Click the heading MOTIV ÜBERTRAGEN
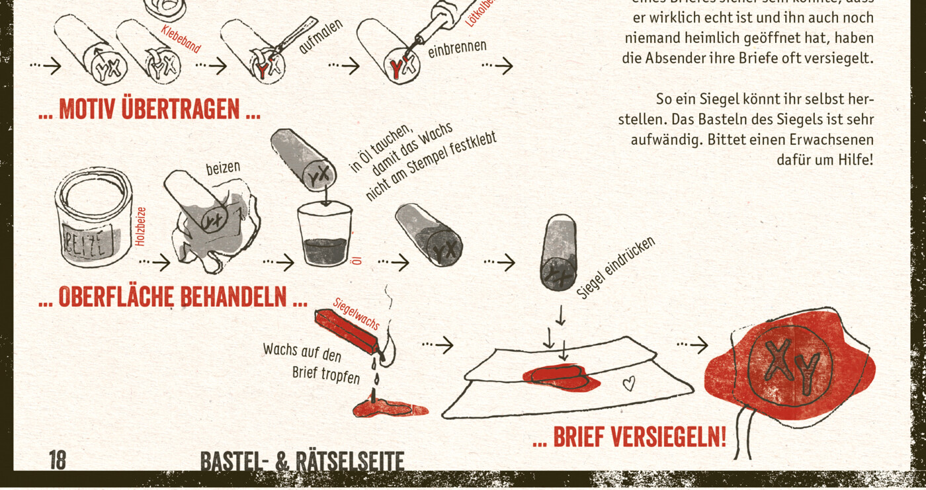click(x=149, y=109)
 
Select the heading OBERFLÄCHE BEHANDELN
click(x=173, y=296)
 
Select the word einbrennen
click(x=457, y=48)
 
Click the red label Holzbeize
click(x=140, y=227)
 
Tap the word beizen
click(x=223, y=168)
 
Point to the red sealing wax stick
click(x=346, y=332)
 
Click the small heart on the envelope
click(x=629, y=383)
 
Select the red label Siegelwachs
click(x=356, y=313)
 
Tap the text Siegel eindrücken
click(x=615, y=268)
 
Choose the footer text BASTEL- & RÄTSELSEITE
click(x=302, y=462)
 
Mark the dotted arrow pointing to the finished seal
click(x=692, y=345)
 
